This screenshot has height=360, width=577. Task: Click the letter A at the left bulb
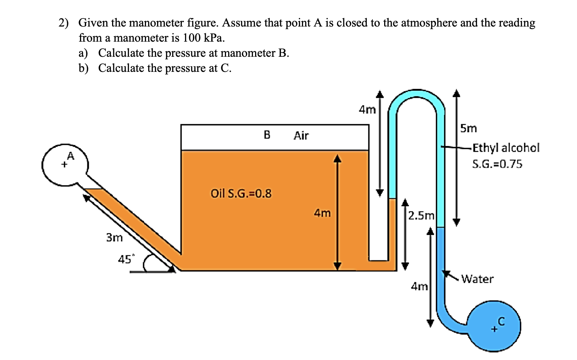[x=70, y=156]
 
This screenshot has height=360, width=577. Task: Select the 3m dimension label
[x=114, y=238]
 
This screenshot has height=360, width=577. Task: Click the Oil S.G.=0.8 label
[x=241, y=193]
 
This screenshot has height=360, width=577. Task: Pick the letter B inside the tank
[x=267, y=135]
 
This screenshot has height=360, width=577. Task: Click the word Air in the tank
[x=301, y=136]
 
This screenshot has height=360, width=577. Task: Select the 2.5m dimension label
[x=421, y=216]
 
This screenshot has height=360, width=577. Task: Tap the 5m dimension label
[x=468, y=128]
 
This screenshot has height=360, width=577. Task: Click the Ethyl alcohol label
[x=505, y=148]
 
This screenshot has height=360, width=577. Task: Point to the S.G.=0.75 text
[x=497, y=164]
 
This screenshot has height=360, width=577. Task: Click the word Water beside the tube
[x=477, y=279]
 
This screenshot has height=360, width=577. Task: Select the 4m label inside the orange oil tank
[x=322, y=213]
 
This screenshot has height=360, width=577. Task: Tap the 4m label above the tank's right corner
[x=367, y=109]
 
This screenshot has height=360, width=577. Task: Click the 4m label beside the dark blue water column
[x=419, y=286]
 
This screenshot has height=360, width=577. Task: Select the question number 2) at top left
[x=63, y=23]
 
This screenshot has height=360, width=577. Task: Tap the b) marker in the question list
[x=83, y=68]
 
